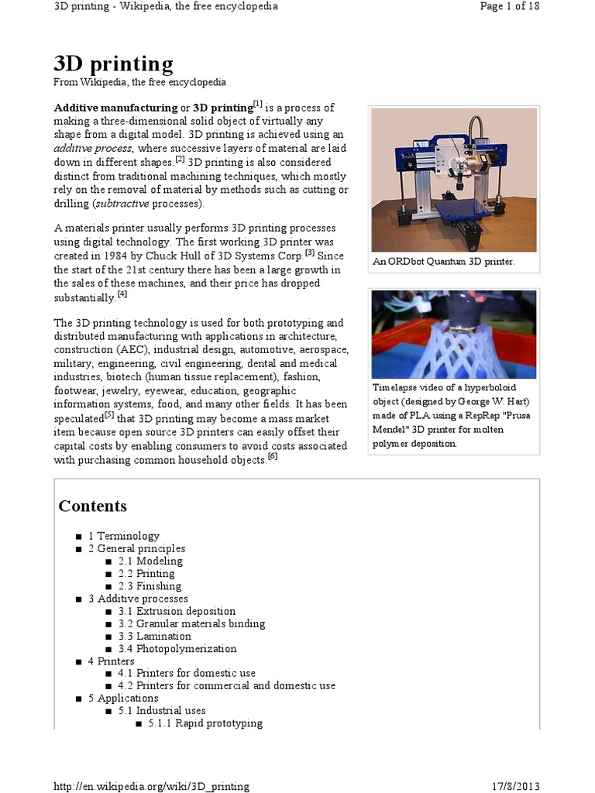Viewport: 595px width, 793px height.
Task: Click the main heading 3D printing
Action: (113, 63)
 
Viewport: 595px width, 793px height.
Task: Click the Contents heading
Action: (92, 506)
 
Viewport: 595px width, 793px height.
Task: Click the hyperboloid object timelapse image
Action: (453, 334)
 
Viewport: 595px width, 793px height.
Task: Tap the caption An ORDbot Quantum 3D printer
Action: (443, 262)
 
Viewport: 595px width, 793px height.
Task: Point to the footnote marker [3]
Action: (310, 252)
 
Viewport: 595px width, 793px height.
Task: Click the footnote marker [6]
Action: (273, 456)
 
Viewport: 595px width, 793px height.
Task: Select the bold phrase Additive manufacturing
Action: (115, 108)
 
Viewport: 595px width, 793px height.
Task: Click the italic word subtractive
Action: (122, 204)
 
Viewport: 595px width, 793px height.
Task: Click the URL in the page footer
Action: (152, 786)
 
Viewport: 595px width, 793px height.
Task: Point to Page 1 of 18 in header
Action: (509, 6)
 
